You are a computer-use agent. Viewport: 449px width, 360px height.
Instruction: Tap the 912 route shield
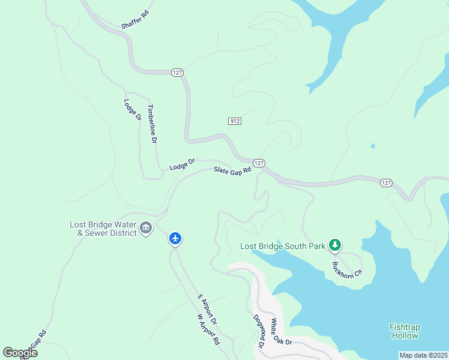click(235, 121)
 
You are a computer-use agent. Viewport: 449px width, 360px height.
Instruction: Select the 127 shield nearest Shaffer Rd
click(176, 72)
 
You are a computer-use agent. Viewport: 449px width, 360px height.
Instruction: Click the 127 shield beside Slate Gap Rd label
click(259, 163)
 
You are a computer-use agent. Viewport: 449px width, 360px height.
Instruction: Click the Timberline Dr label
click(152, 124)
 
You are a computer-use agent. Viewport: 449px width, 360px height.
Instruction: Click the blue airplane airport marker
click(175, 239)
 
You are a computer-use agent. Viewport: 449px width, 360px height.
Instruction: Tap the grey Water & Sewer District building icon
click(146, 229)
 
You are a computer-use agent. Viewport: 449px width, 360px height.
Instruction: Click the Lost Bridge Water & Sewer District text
click(103, 229)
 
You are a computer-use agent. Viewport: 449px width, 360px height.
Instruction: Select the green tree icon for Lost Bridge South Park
click(335, 245)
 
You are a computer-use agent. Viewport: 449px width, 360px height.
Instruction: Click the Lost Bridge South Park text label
click(282, 246)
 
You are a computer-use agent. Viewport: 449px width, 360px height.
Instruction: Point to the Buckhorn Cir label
click(348, 268)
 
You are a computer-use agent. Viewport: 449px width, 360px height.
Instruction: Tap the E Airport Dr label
click(207, 310)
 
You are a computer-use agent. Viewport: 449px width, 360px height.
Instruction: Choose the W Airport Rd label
click(208, 329)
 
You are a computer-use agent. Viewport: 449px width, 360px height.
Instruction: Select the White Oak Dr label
click(280, 331)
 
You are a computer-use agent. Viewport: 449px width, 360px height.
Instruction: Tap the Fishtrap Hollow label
click(406, 331)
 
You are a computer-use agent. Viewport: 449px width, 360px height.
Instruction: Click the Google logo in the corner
click(20, 353)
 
